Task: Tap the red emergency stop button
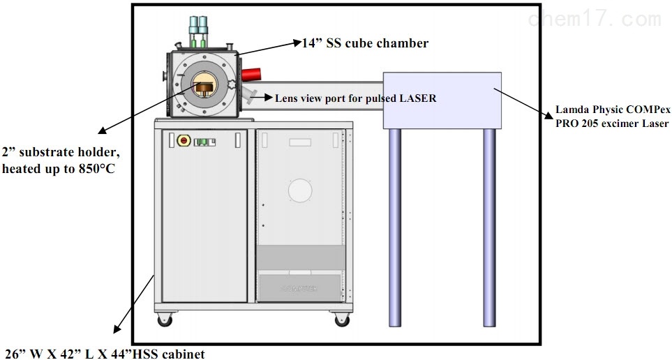coord(184,141)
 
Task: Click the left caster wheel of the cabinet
coord(165,320)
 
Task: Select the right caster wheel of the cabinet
coord(342,320)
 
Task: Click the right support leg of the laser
coord(489,227)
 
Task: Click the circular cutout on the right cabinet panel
coord(301,190)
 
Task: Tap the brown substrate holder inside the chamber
coord(204,87)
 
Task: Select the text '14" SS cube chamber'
coord(365,43)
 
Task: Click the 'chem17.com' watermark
coord(595,20)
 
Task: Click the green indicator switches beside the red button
coord(204,142)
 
